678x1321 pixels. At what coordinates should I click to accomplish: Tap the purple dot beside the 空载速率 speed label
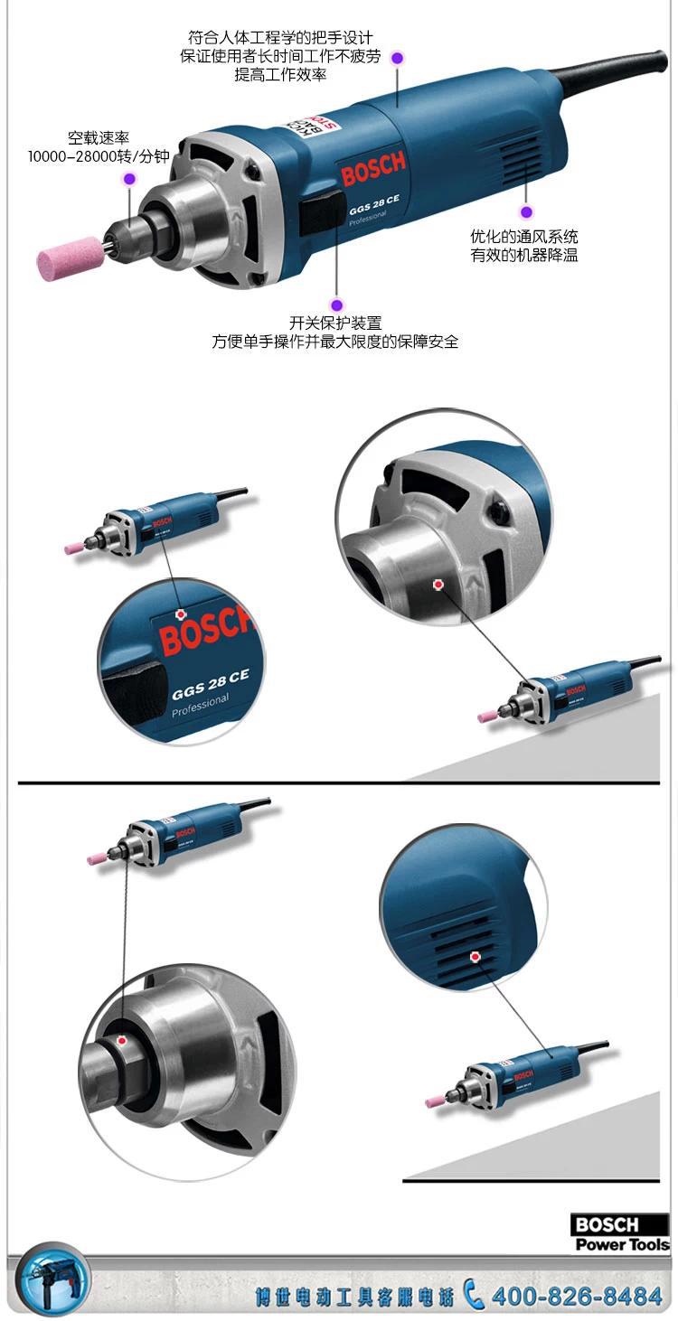129,178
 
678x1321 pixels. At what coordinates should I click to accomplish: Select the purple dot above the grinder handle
398,58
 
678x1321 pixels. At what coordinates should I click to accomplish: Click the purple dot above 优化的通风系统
526,211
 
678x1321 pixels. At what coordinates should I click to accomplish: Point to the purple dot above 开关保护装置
337,304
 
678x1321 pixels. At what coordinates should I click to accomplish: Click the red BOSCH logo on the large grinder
373,167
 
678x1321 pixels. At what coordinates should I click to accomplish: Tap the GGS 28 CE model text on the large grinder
374,204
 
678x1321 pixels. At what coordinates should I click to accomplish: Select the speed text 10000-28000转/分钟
99,156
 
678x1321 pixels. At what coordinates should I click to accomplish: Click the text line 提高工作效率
280,75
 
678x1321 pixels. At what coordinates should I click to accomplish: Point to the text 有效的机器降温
524,256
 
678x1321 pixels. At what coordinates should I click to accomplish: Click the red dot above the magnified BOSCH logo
181,614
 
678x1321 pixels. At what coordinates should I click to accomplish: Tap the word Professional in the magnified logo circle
200,706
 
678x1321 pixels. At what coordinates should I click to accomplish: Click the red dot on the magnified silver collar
438,585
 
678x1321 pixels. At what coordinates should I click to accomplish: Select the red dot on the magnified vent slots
475,957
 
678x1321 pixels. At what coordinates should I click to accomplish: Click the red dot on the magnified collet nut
122,1041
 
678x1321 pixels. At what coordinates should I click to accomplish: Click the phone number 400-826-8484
577,1297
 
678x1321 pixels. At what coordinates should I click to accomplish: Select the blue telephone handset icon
473,1294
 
